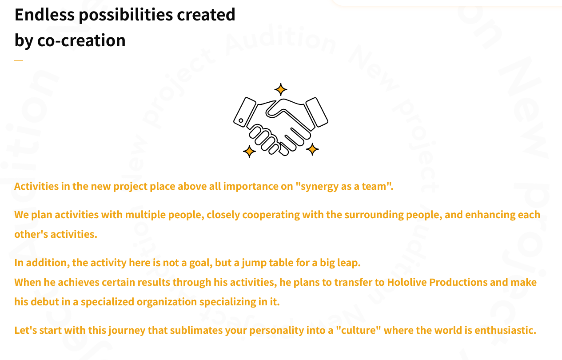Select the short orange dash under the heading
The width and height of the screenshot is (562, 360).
19,60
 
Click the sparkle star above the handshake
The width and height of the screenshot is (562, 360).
280,90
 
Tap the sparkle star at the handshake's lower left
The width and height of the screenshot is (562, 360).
249,152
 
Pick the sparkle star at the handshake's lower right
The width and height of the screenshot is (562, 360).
312,149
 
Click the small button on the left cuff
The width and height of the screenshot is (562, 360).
241,120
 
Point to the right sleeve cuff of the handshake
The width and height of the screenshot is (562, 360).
317,112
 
